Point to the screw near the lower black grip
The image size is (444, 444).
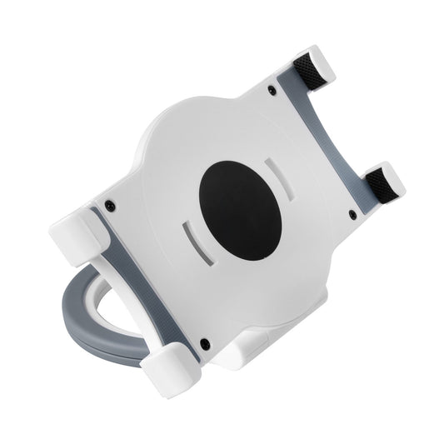(352, 215)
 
